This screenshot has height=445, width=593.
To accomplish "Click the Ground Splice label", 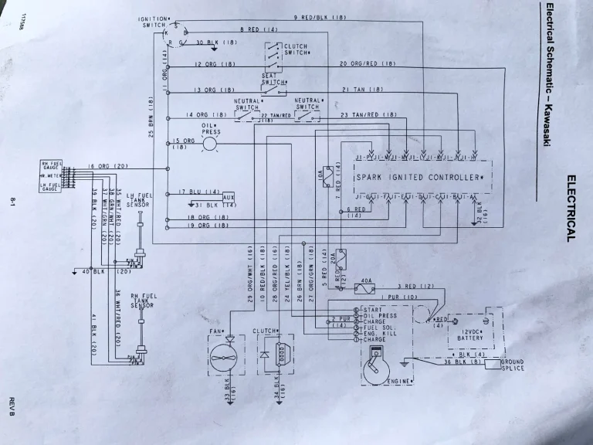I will (512, 365).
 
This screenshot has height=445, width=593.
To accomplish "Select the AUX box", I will (228, 197).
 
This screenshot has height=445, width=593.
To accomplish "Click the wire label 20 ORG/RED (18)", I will (368, 63).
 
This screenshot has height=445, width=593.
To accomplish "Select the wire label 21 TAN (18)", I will (363, 89).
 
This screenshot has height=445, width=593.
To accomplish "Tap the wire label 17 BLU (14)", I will (196, 192).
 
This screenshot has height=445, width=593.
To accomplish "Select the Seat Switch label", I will (274, 79).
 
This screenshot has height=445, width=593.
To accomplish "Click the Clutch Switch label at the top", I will (296, 49).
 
